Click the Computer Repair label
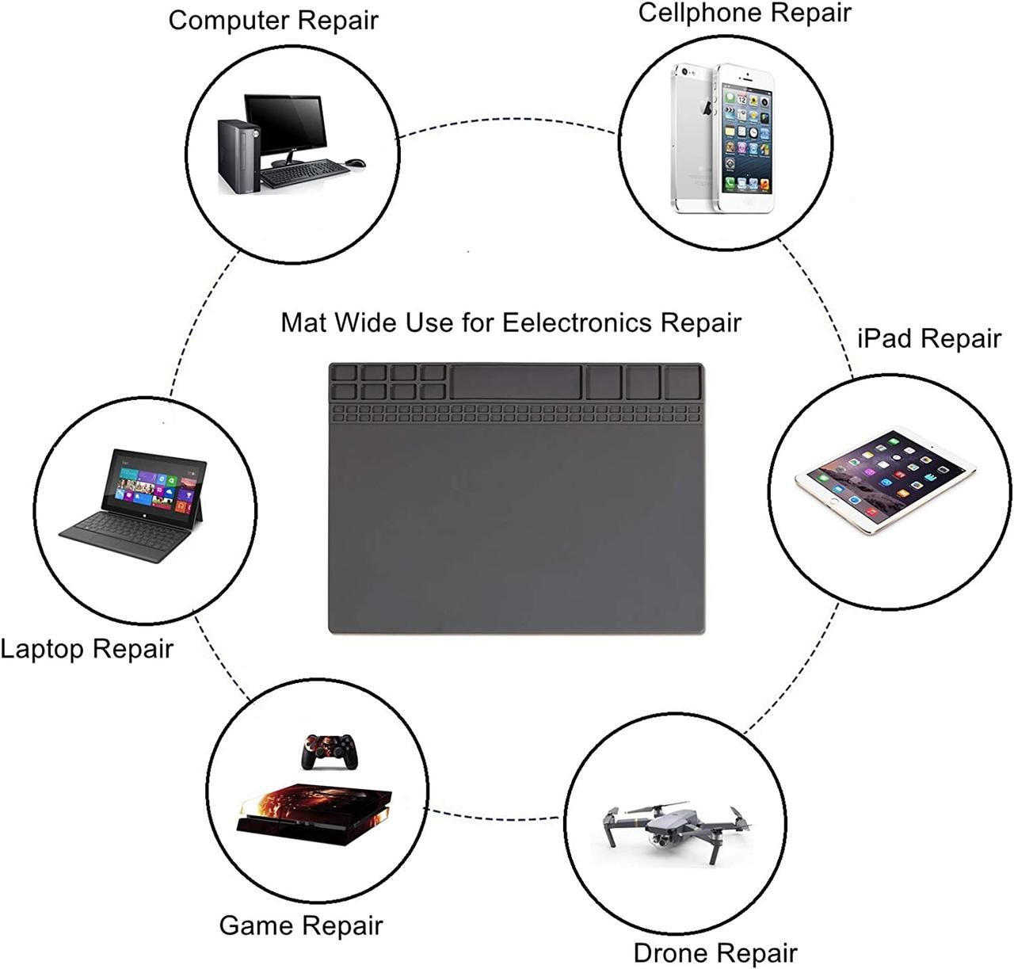coord(273,21)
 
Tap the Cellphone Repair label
coord(744,13)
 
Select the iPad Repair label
coord(929,338)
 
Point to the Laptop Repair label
coord(86,649)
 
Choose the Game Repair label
coord(300,925)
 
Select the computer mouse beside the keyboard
coord(356,163)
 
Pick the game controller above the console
coord(330,749)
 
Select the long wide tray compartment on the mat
coord(515,382)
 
